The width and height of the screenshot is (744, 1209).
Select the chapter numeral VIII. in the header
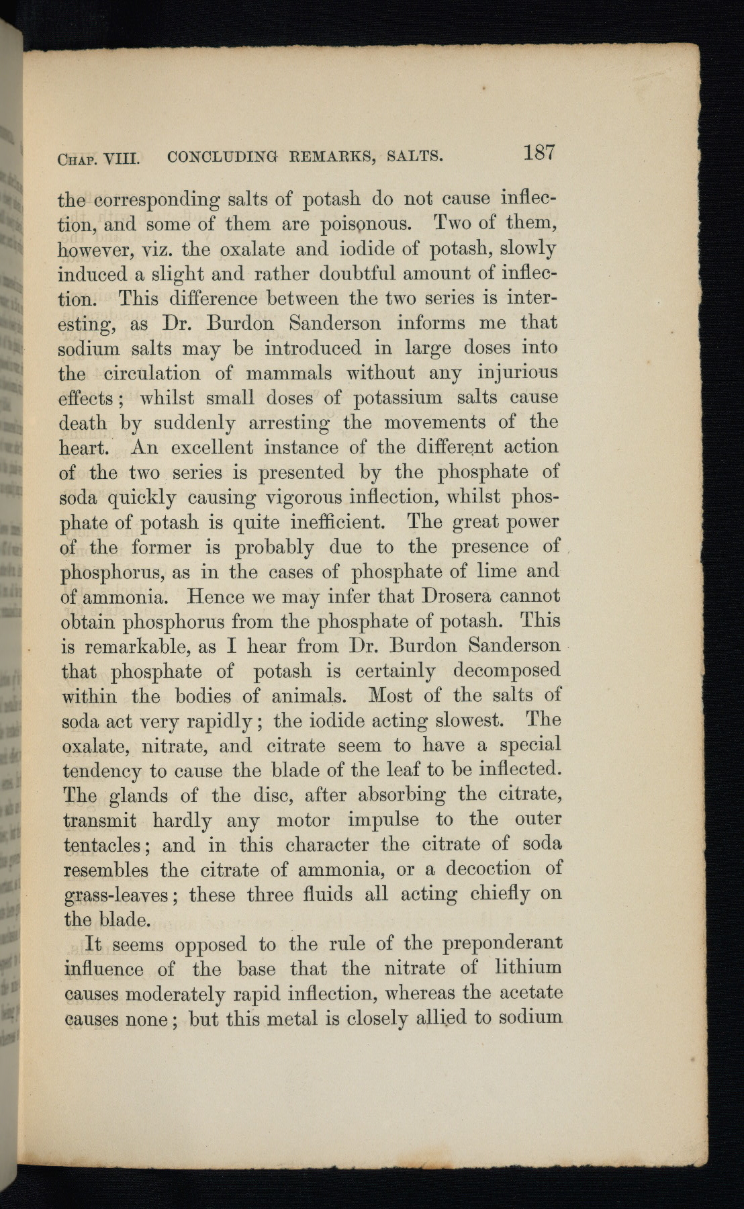[121, 160]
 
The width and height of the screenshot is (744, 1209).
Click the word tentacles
[111, 846]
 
